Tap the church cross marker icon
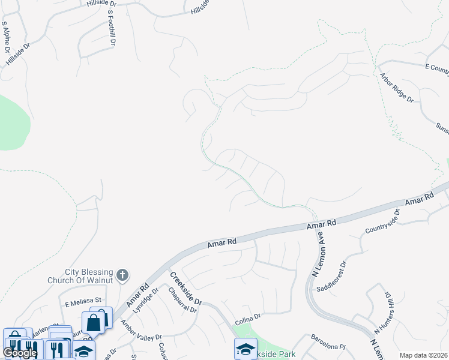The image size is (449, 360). click(x=122, y=275)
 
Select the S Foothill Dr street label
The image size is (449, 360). click(x=111, y=28)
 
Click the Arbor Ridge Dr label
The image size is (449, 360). click(x=397, y=88)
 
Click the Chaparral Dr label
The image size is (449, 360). click(x=182, y=300)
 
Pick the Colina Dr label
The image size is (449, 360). click(x=247, y=316)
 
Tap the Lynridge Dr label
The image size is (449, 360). click(x=147, y=300)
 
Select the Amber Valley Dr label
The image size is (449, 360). click(x=142, y=331)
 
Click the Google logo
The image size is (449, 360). click(x=20, y=353)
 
